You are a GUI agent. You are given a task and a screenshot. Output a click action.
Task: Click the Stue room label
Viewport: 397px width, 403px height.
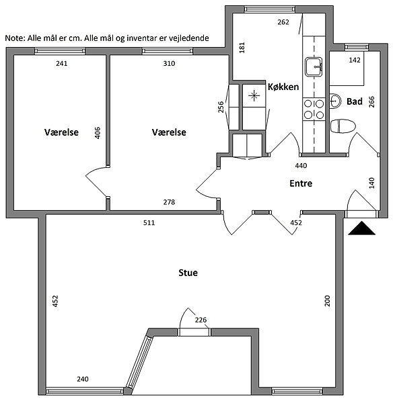pos(188,273)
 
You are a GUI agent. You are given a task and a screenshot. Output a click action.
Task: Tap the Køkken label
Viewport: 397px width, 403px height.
pos(283,87)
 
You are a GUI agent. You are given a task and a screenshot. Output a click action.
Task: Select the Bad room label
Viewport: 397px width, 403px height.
pos(355,101)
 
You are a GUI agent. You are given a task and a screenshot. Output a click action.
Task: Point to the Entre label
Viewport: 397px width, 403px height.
pos(301,183)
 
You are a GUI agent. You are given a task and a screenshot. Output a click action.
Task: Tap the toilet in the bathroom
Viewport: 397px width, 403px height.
pos(343,126)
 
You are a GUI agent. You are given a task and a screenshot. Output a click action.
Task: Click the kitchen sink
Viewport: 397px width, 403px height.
pos(314,66)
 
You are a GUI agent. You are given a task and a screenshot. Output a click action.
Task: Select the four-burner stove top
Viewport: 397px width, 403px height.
pos(314,109)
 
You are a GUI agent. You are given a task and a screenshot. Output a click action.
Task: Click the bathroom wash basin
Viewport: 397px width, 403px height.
pos(335,101)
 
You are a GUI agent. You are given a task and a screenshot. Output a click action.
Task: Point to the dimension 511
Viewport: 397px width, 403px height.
pos(149,222)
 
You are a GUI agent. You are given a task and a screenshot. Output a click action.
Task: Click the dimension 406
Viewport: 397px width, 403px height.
pos(98,133)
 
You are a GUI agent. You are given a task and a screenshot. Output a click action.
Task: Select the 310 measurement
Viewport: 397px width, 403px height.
pos(169,63)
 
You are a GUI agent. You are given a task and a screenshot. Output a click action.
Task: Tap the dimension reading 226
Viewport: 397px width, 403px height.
pos(201,320)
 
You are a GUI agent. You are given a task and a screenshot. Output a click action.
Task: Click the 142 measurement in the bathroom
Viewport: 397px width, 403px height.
pos(355,60)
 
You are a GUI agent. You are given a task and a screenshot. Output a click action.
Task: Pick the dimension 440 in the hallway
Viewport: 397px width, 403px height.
pos(301,165)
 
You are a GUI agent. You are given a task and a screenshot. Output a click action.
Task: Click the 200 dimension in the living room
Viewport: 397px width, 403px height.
pos(327,301)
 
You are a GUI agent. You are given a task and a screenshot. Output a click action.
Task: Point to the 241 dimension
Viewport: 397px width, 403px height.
pos(61,63)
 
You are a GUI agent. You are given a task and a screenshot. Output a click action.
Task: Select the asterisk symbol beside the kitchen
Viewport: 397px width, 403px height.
pos(254,95)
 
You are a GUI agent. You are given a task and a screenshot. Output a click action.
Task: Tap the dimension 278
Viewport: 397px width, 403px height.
pos(169,202)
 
